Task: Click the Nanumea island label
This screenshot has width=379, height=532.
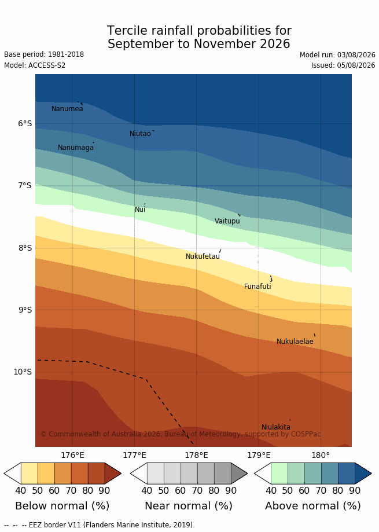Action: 67,109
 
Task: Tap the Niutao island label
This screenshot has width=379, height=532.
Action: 140,134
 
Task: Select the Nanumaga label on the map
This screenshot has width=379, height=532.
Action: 76,148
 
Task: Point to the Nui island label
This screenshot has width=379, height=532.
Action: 140,210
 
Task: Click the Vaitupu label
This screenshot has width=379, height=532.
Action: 227,221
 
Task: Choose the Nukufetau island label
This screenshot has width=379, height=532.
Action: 203,256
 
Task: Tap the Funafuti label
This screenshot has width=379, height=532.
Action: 257,287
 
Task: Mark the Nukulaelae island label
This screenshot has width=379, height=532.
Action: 295,342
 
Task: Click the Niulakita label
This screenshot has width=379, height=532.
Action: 276,427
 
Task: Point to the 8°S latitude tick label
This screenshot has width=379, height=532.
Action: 25,248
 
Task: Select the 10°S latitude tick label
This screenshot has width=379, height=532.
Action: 23,372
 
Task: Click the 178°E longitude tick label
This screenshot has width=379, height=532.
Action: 196,456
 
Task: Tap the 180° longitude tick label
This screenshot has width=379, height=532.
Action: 321,456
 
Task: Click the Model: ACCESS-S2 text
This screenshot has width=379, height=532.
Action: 35,65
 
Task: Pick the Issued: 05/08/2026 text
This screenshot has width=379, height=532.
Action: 343,65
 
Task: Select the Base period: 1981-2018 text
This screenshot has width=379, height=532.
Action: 44,54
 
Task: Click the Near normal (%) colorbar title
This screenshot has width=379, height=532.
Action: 189,506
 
